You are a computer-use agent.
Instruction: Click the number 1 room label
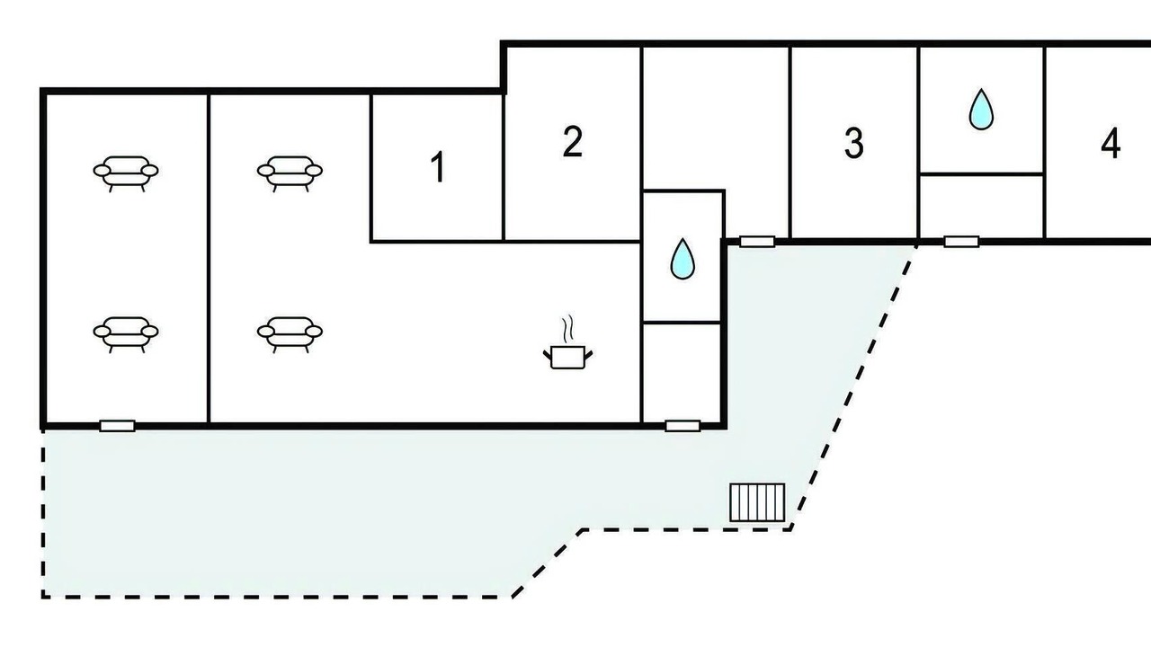tap(438, 167)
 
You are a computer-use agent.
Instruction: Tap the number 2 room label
tap(573, 142)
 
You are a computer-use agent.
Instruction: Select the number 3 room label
tap(854, 143)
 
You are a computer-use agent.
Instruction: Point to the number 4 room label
tap(1111, 143)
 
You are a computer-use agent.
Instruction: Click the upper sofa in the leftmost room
tap(126, 173)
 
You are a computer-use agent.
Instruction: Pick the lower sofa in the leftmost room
tap(126, 334)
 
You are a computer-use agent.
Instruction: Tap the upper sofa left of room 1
tap(290, 173)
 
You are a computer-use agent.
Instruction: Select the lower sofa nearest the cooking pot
tap(290, 334)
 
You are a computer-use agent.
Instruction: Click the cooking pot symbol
tap(567, 357)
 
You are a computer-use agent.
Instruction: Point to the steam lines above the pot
tap(567, 329)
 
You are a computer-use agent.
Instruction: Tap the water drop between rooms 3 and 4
tap(981, 110)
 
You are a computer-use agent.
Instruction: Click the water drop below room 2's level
tap(683, 258)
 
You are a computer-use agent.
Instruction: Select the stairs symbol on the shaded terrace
tap(757, 502)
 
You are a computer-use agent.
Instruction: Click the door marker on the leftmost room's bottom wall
tap(117, 426)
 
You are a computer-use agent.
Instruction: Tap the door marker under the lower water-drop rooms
tap(683, 426)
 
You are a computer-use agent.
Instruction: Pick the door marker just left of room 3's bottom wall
tap(757, 242)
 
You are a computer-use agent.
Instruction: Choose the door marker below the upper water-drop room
tap(961, 242)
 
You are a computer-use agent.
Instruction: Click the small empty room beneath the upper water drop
tap(981, 207)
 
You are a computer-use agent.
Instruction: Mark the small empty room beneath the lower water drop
tap(682, 373)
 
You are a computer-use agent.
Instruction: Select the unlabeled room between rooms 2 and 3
tap(715, 118)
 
